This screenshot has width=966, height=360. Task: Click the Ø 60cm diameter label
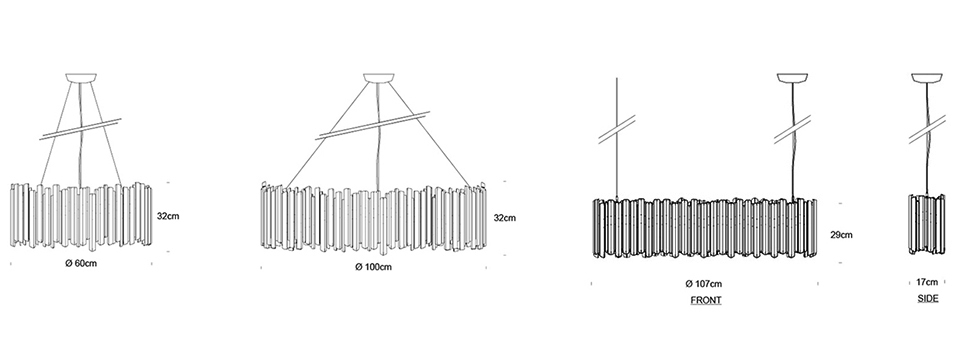[81, 264]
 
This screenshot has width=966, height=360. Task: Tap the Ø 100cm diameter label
[373, 267]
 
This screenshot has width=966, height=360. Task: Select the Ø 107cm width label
[704, 284]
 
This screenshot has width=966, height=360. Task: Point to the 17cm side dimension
[927, 282]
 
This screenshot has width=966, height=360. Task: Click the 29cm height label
[842, 235]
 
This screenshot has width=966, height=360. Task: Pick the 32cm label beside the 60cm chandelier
[168, 216]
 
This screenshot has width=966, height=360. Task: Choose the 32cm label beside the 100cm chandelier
[505, 218]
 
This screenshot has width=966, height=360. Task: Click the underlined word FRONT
[706, 300]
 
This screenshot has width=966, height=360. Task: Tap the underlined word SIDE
[928, 298]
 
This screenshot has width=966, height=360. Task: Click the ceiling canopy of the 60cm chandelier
[81, 78]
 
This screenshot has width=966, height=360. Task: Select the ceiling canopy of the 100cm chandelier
[378, 78]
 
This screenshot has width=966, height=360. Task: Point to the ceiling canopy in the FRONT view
[793, 78]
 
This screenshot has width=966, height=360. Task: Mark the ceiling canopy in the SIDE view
[927, 78]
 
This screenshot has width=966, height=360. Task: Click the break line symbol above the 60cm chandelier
[80, 129]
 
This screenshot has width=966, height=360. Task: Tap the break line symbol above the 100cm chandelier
[372, 125]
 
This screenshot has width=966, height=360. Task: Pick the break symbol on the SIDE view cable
[927, 129]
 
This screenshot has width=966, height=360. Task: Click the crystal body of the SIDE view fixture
[927, 224]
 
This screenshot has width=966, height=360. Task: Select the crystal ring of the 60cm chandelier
[81, 216]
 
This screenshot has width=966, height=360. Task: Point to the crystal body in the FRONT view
[705, 227]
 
